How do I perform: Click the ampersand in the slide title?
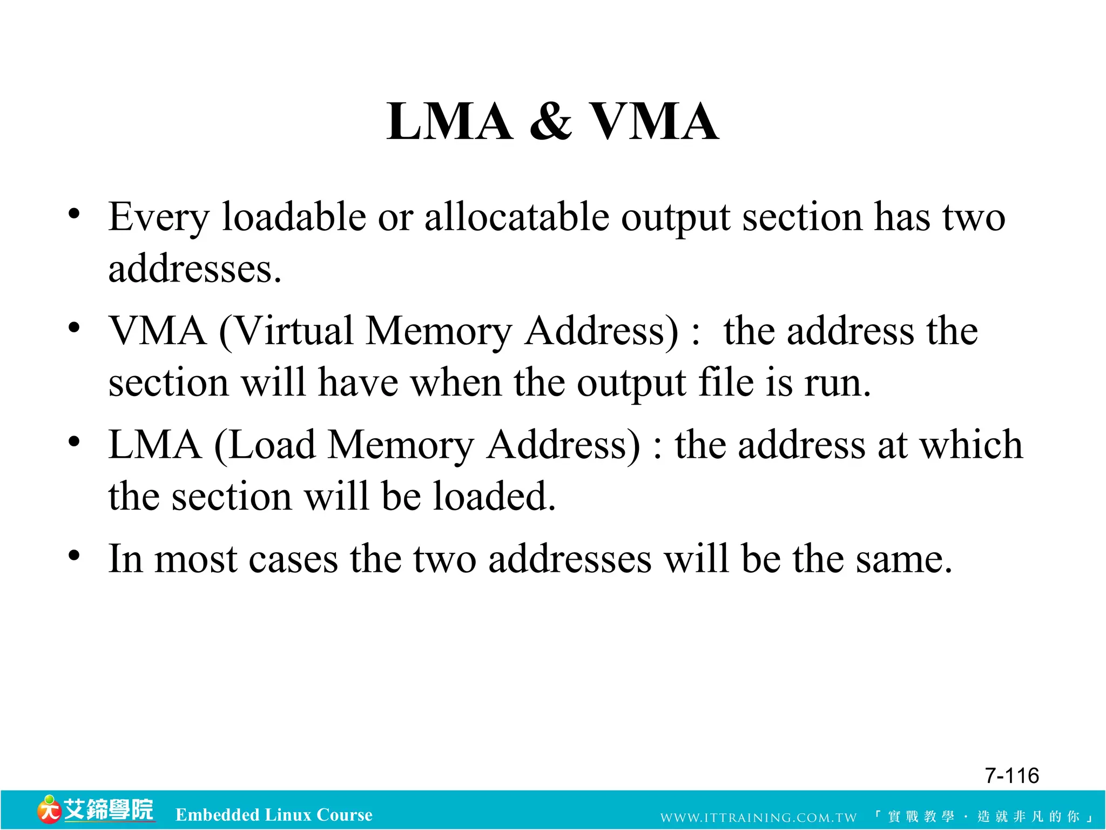click(550, 122)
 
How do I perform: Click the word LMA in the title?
click(449, 122)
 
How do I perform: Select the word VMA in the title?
click(653, 122)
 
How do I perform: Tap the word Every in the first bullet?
click(158, 218)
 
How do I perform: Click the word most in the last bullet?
click(195, 559)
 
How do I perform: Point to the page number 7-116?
click(1011, 775)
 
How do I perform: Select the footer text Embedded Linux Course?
click(274, 815)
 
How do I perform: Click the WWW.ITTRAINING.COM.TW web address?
click(758, 818)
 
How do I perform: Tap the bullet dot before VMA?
click(75, 328)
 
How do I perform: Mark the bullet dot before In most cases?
click(75, 555)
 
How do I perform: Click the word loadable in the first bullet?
click(294, 217)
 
